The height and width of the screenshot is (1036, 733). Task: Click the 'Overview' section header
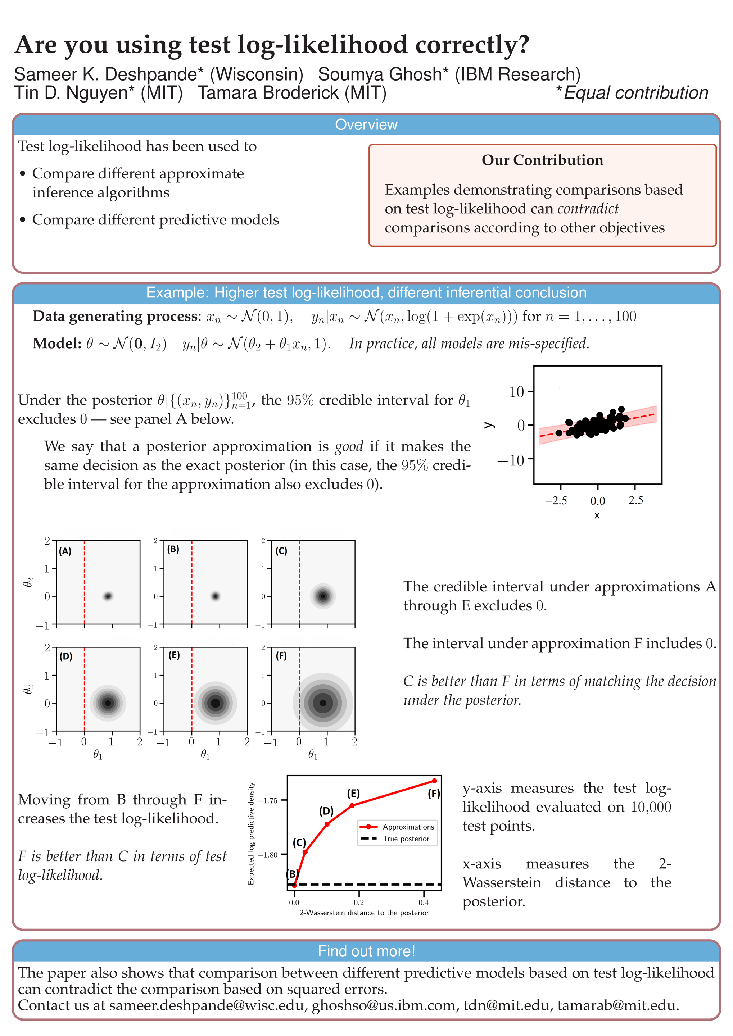(366, 124)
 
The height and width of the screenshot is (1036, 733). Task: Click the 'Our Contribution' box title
(542, 160)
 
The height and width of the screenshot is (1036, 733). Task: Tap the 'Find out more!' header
(366, 951)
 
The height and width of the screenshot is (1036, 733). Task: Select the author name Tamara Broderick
(292, 93)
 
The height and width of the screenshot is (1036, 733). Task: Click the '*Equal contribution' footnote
(632, 93)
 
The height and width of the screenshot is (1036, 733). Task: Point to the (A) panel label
(65, 551)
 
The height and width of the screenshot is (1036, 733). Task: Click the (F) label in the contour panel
(281, 656)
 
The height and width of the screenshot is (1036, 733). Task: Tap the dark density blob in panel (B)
(215, 596)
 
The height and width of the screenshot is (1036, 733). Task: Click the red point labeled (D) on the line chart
(327, 824)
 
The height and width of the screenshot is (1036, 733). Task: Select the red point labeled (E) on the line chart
(352, 805)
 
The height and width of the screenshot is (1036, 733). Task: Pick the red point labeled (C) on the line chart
(305, 852)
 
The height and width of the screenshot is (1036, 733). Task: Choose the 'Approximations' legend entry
(408, 827)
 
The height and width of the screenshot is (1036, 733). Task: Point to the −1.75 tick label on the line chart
(268, 801)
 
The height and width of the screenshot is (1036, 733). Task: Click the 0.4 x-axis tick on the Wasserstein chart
(424, 903)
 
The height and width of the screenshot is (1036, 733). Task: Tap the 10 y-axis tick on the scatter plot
(516, 392)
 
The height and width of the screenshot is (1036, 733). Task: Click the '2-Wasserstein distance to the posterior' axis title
(364, 912)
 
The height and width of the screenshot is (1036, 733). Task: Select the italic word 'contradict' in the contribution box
(588, 209)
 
